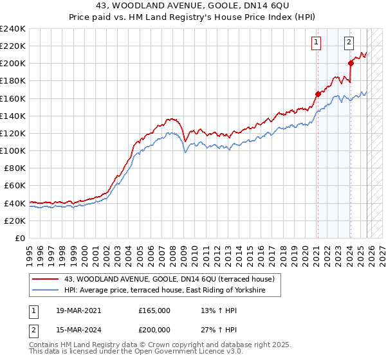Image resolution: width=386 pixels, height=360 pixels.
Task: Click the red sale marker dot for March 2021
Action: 318,94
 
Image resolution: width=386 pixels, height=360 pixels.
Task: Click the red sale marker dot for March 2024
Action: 351,63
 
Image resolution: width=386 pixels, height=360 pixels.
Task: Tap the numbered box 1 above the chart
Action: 317,43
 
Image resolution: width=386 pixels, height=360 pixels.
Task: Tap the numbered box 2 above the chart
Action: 349,43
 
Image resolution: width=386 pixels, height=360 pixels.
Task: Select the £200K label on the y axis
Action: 13,64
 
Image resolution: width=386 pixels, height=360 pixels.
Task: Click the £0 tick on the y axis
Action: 21,238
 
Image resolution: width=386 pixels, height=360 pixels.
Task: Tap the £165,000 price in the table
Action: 155,310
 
